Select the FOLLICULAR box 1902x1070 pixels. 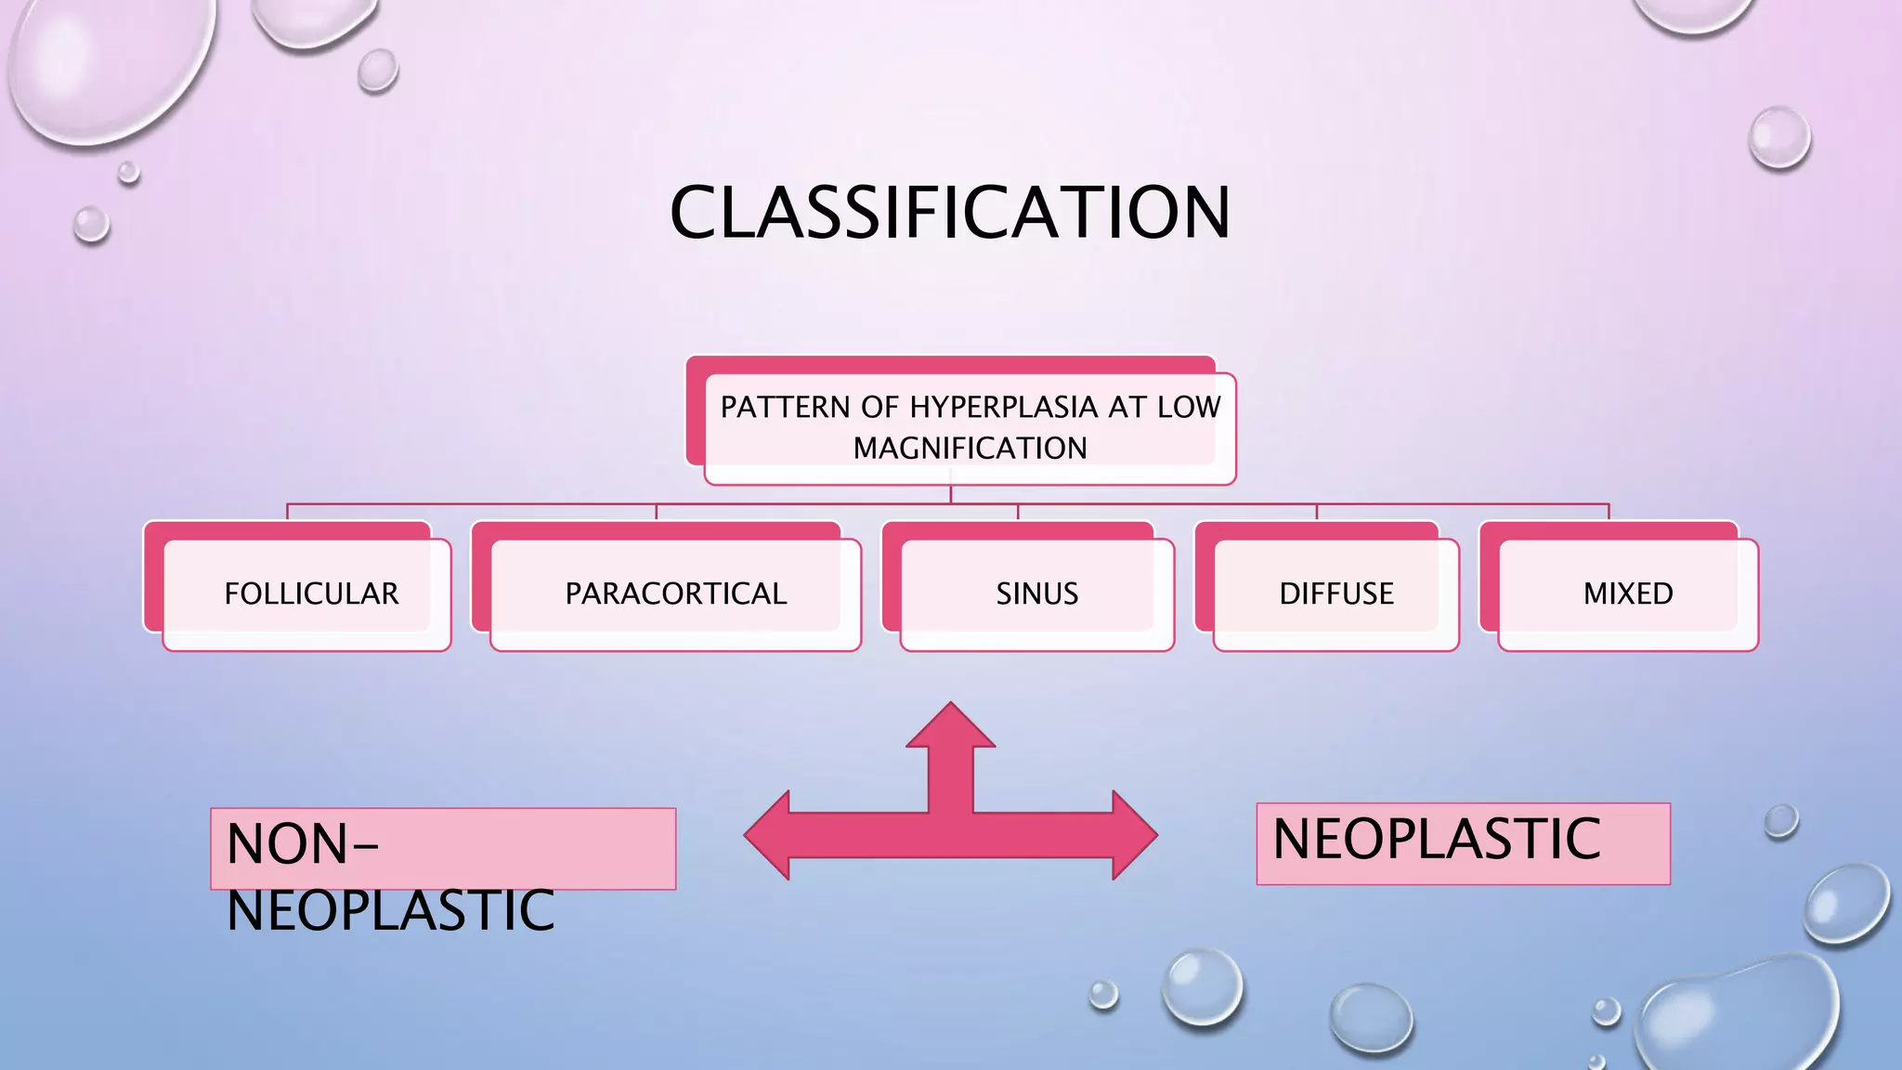click(310, 594)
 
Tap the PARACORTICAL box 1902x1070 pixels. click(675, 594)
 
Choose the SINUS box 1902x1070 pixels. click(1036, 594)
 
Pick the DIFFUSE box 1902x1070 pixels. click(1335, 594)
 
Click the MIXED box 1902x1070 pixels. click(1627, 594)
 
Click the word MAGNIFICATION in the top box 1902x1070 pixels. click(970, 449)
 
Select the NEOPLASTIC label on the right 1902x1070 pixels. click(1436, 839)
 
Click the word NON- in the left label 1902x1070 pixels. click(302, 844)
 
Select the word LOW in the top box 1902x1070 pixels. click(1189, 407)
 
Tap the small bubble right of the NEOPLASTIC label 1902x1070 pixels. click(1780, 821)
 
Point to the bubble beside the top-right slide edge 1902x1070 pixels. click(1778, 138)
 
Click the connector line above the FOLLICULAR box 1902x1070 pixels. click(287, 511)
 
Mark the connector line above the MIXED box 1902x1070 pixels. click(1609, 511)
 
